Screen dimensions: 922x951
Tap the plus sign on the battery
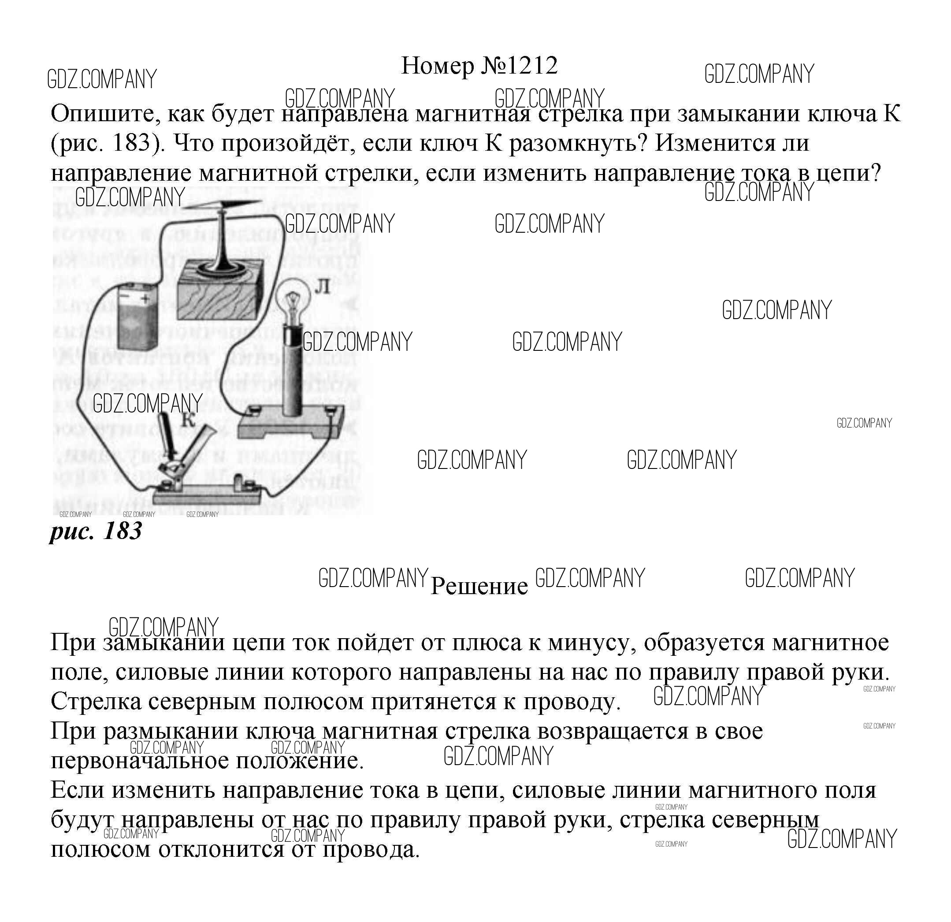click(x=145, y=299)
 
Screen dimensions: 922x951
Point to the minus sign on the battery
click(x=125, y=294)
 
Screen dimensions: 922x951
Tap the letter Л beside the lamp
click(x=322, y=287)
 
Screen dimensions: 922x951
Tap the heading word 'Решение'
click(x=479, y=586)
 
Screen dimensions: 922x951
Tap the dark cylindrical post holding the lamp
click(x=293, y=369)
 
